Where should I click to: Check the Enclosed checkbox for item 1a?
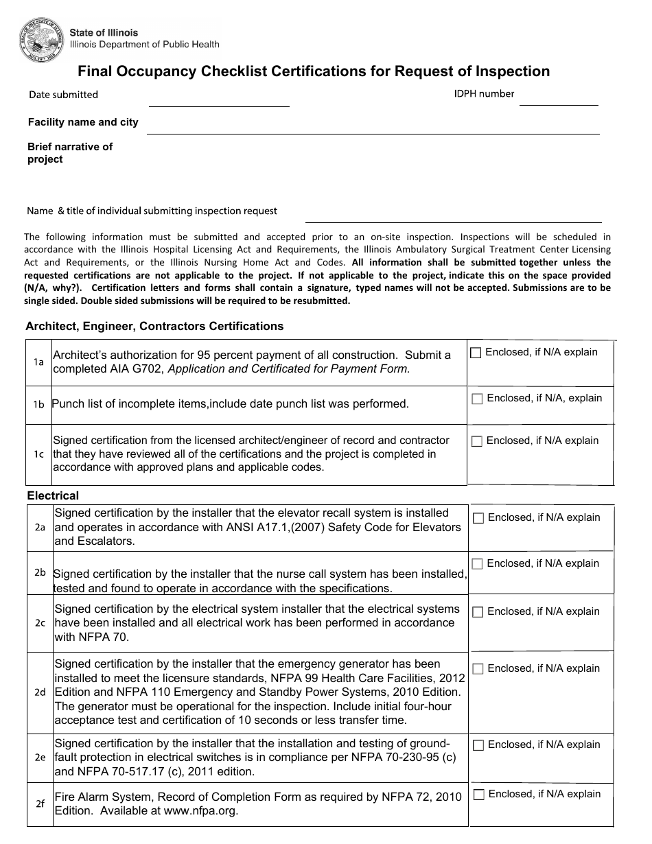[476, 353]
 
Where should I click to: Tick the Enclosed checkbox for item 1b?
[477, 399]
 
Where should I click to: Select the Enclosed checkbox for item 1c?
[477, 441]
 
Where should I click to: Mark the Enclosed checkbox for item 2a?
[478, 518]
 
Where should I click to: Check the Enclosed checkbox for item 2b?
[478, 564]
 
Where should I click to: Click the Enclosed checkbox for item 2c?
[478, 612]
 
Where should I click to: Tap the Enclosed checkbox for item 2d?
[478, 669]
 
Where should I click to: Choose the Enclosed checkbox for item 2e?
[478, 745]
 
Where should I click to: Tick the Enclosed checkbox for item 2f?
[479, 795]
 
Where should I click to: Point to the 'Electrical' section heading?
[53, 495]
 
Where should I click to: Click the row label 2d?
[40, 692]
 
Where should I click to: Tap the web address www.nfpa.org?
[200, 810]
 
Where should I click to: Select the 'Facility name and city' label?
[83, 122]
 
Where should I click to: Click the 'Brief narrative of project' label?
[69, 153]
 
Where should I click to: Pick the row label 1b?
[38, 404]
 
